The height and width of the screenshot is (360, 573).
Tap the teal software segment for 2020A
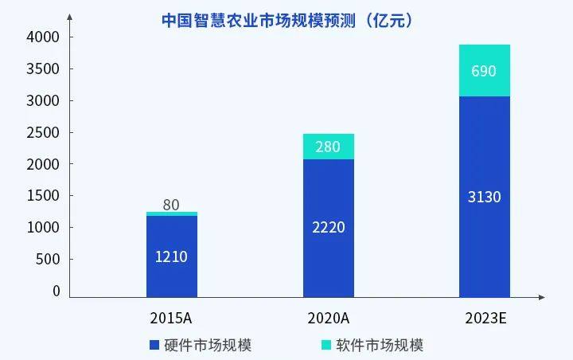tap(329, 147)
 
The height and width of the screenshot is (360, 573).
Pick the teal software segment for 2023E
tap(484, 71)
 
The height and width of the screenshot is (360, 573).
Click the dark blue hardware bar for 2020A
tap(329, 227)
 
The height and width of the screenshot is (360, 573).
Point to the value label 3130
tap(484, 196)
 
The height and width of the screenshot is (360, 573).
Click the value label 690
tap(484, 71)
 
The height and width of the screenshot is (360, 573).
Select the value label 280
tap(329, 147)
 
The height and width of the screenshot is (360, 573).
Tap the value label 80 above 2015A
tap(171, 205)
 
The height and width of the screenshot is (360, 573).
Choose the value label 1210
tap(172, 257)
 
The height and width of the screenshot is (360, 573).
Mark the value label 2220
tap(329, 227)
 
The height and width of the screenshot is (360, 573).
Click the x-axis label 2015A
tap(171, 318)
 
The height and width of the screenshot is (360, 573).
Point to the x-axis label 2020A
tap(329, 318)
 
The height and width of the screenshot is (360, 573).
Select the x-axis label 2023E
tap(486, 318)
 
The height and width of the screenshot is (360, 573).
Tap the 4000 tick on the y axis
tap(44, 37)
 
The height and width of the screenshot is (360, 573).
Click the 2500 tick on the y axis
tap(44, 132)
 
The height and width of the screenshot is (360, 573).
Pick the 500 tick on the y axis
tap(49, 260)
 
